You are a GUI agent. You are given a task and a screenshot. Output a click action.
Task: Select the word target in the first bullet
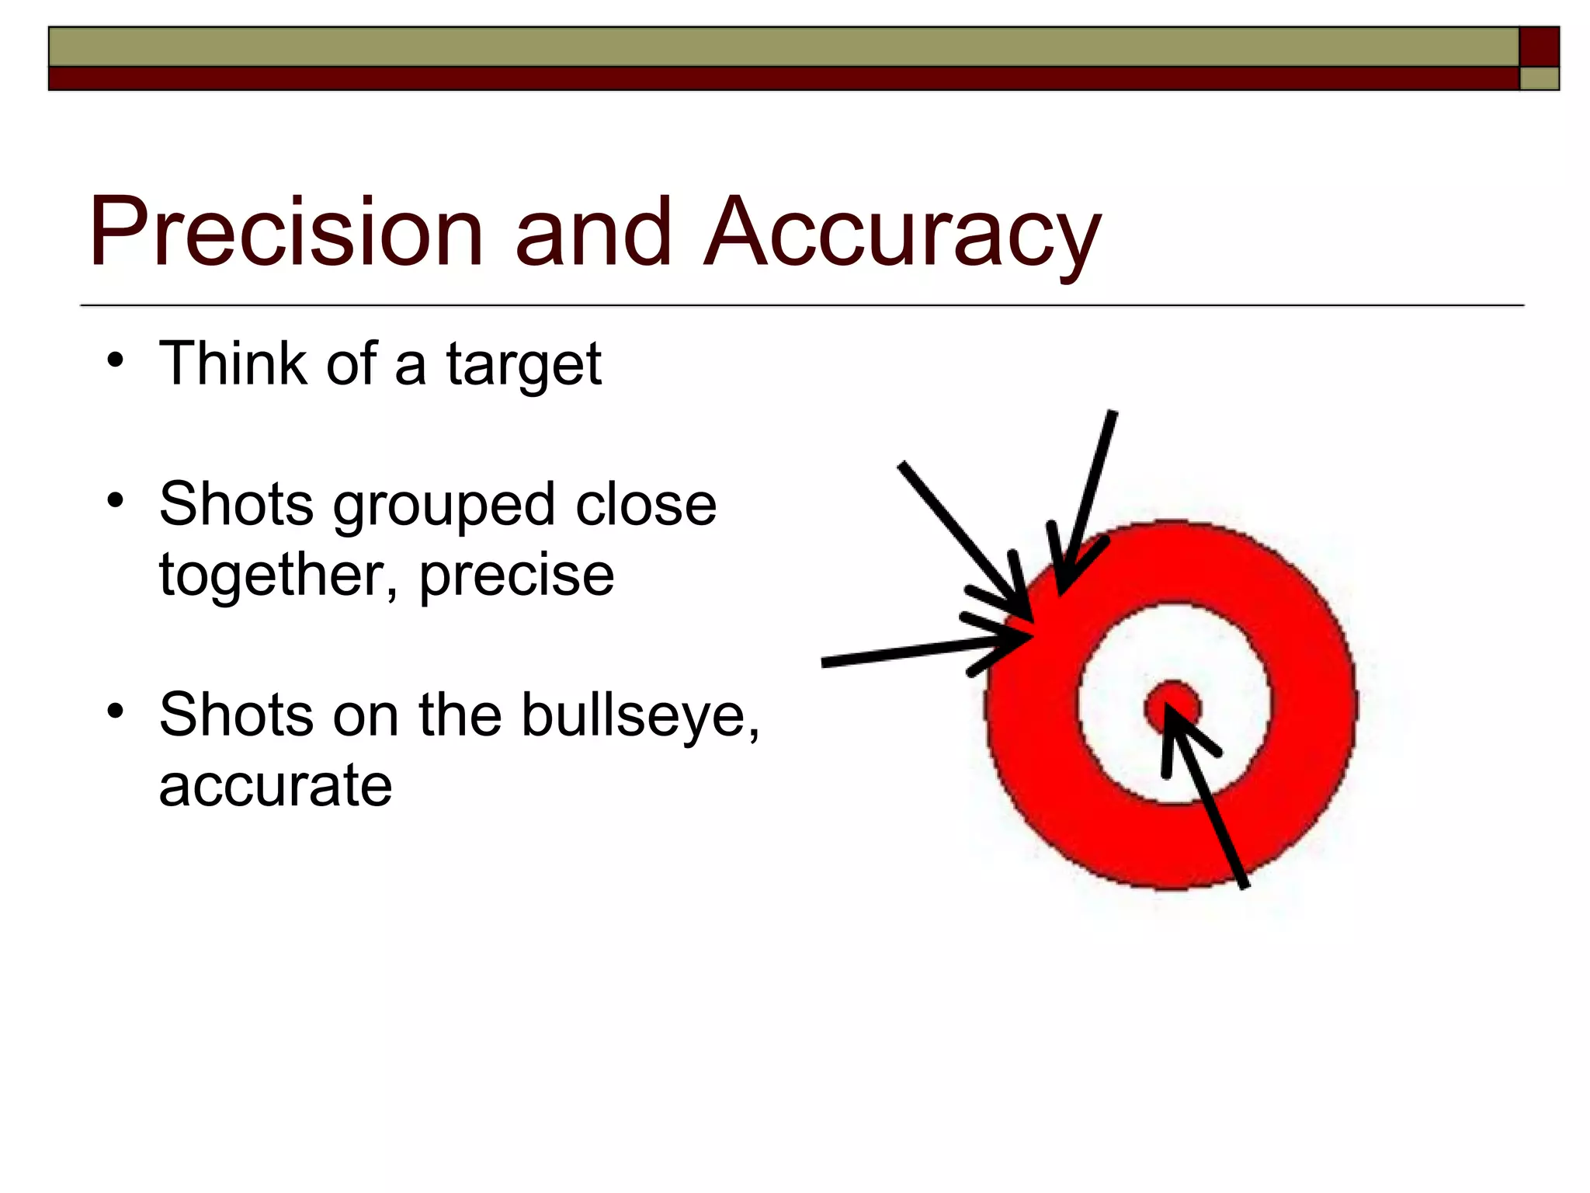[x=523, y=365]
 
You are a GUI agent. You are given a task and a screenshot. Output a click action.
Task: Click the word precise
[x=517, y=576]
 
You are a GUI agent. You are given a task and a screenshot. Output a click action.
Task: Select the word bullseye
[x=640, y=715]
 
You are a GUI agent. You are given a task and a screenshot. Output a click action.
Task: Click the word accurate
[x=276, y=785]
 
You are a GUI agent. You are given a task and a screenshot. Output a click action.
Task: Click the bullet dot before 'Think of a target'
[x=116, y=361]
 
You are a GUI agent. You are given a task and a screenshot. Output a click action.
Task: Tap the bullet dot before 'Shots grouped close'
[x=116, y=501]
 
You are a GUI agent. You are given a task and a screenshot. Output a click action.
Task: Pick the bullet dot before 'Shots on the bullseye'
[x=116, y=711]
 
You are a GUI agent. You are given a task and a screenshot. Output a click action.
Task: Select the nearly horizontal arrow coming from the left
[x=916, y=651]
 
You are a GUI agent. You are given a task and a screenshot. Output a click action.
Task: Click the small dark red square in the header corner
[x=1539, y=47]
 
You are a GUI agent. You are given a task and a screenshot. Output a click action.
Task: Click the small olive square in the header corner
[x=1539, y=79]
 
